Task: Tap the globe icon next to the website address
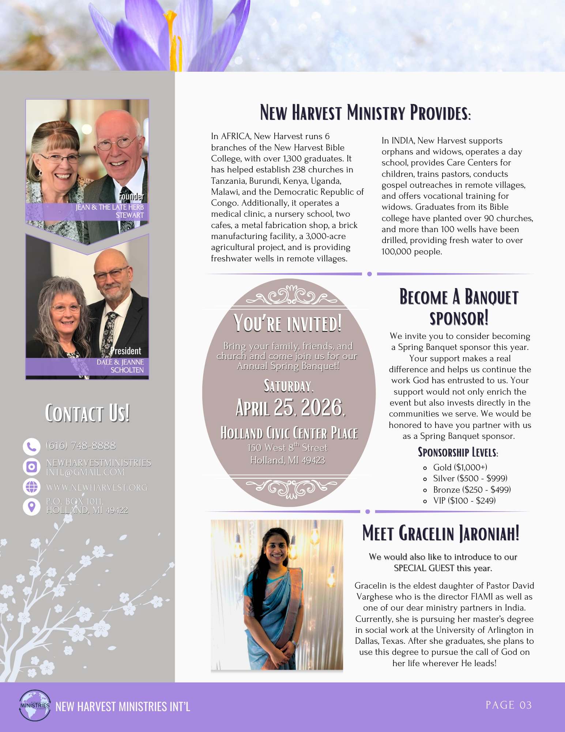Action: (31, 487)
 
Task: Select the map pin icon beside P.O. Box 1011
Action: (31, 507)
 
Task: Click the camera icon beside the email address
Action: (31, 467)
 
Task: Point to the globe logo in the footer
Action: (35, 705)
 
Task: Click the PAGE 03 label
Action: (508, 705)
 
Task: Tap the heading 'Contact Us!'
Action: (87, 414)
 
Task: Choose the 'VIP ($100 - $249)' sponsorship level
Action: (464, 501)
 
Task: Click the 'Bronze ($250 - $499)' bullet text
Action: (472, 490)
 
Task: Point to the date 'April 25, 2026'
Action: (290, 408)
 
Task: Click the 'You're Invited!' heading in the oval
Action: (288, 324)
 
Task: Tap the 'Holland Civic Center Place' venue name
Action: (289, 433)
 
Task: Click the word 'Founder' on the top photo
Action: (131, 197)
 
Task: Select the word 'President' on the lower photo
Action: (126, 351)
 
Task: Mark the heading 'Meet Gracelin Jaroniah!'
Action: (441, 533)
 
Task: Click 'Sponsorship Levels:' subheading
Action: (458, 452)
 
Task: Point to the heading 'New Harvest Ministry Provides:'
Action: (365, 113)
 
